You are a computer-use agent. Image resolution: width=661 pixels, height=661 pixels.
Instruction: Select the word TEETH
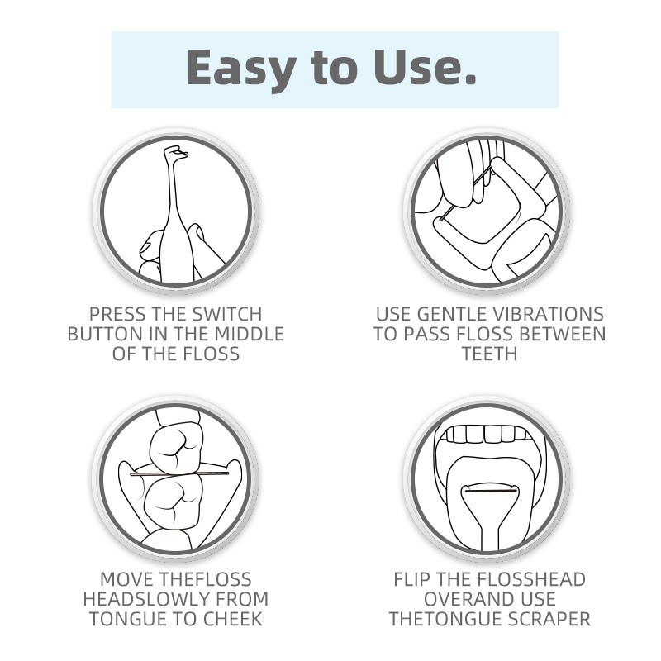[x=489, y=354]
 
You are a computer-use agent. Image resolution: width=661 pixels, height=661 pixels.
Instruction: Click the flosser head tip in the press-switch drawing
[x=175, y=153]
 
